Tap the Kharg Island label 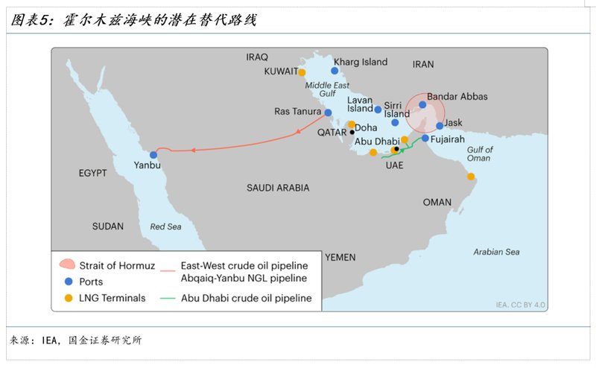point(361,62)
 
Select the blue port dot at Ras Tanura point(328,113)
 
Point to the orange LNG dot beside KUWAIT point(302,72)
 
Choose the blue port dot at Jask point(440,125)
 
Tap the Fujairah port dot point(425,139)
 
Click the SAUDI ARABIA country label point(278,188)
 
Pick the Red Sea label point(165,226)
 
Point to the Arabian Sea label point(496,252)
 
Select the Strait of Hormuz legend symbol point(68,264)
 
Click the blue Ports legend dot point(68,282)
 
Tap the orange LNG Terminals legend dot point(68,299)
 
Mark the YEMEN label point(340,257)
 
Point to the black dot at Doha point(352,132)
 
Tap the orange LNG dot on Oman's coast point(471,177)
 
